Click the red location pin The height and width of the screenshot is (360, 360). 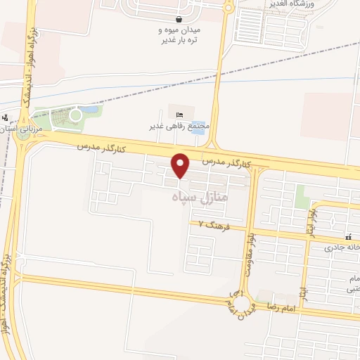(181, 166)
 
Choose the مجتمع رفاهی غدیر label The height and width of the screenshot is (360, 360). (180, 127)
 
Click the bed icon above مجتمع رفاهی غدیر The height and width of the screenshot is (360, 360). (179, 115)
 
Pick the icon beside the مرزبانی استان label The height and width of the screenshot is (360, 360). (6, 117)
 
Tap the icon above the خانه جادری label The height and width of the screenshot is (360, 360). (348, 237)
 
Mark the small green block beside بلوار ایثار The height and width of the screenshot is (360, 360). (303, 196)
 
